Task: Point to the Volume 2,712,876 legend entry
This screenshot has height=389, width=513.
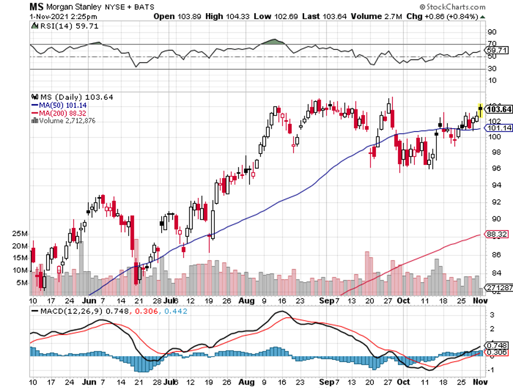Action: click(64, 121)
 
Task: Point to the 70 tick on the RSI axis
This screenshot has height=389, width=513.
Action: click(492, 44)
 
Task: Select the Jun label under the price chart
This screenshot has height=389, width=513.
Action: click(88, 301)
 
